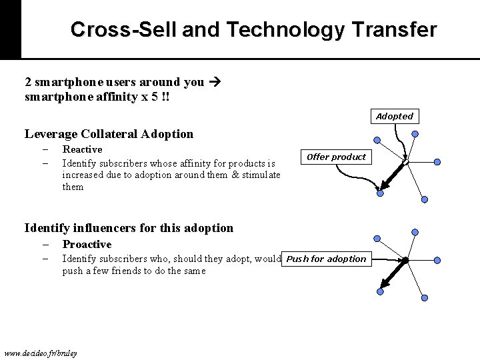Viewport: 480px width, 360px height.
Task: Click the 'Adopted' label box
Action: (x=395, y=116)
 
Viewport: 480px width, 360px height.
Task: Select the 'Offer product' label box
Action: (x=337, y=157)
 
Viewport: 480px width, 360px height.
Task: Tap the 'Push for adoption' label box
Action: (x=327, y=259)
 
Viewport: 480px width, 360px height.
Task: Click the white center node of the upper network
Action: (x=405, y=161)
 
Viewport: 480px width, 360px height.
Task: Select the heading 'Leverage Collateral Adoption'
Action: (x=109, y=134)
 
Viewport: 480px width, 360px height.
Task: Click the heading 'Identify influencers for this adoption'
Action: (x=129, y=228)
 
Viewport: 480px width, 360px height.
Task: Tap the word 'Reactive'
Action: (x=82, y=149)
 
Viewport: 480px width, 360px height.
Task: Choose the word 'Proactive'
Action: (x=87, y=244)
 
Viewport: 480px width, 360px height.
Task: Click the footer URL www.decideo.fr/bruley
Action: (x=40, y=352)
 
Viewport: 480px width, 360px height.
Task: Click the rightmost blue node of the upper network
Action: (x=437, y=161)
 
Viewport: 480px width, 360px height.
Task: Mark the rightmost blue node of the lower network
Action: (x=437, y=260)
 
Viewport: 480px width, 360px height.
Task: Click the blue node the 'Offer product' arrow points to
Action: (x=379, y=193)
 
